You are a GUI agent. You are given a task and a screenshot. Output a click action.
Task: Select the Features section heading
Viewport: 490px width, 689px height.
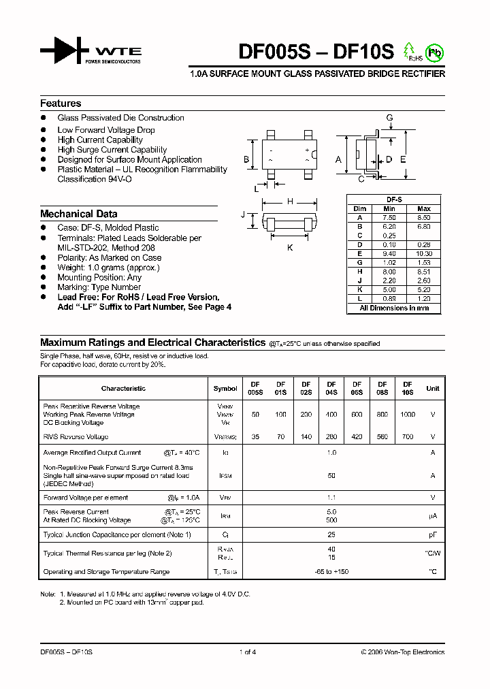(61, 103)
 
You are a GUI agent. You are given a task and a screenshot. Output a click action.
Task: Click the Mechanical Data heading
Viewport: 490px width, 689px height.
(78, 214)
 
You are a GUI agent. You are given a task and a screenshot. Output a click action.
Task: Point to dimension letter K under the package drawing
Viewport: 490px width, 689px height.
(290, 248)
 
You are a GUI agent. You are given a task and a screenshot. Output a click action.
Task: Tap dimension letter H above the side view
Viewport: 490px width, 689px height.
(290, 201)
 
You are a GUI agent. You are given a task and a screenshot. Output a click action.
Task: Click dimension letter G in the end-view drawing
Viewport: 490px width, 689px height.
(389, 118)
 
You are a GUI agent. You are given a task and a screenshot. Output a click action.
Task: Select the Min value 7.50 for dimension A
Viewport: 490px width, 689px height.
(389, 217)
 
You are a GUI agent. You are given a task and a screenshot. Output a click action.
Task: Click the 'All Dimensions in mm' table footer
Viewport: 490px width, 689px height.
(394, 308)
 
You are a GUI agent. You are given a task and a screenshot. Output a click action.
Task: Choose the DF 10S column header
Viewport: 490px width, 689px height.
(408, 388)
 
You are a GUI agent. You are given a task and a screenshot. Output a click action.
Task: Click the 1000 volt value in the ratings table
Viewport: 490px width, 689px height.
(408, 415)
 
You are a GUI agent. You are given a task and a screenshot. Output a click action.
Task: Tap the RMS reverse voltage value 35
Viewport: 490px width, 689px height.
(255, 437)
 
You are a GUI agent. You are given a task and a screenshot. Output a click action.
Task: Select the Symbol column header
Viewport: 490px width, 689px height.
(225, 389)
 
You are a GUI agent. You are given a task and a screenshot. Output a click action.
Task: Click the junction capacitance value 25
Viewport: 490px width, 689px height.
(331, 535)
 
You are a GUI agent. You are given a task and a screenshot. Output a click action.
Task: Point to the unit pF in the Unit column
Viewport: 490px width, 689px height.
(432, 535)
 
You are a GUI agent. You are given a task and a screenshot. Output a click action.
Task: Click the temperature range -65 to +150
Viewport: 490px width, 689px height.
(331, 572)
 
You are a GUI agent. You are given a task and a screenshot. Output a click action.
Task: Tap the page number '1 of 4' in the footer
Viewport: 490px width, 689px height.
(248, 652)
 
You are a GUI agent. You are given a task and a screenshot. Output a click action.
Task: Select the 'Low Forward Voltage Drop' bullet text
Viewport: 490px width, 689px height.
(106, 129)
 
